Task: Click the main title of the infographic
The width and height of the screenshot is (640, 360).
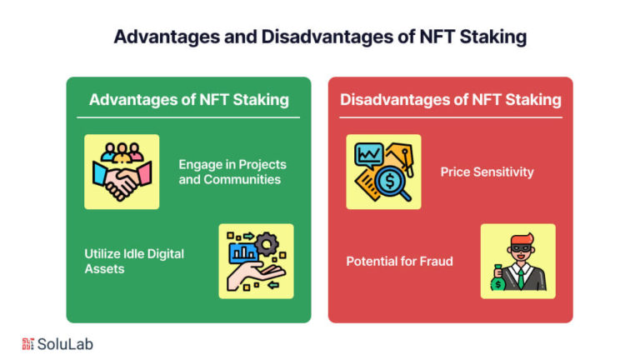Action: click(320, 37)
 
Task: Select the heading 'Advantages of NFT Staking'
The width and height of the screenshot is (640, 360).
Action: click(189, 100)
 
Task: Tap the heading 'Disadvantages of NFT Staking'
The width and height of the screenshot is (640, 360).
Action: click(451, 100)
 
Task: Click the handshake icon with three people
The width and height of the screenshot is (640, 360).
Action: click(122, 172)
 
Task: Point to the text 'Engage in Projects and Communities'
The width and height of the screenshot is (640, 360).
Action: click(232, 172)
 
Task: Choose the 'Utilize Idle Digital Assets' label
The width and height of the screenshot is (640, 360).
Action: click(134, 261)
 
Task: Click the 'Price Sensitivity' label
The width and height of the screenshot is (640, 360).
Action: click(487, 172)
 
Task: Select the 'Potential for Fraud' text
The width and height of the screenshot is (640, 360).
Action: click(400, 261)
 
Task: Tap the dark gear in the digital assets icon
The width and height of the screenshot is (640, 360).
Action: click(267, 244)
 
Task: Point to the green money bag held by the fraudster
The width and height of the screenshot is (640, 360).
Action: click(498, 278)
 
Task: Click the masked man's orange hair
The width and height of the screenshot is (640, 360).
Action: click(521, 239)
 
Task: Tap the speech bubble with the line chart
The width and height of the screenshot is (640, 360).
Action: click(369, 156)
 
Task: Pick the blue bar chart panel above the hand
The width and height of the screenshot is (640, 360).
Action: click(243, 252)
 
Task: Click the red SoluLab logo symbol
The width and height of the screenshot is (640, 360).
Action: click(27, 344)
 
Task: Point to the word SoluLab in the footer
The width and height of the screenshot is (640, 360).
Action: click(65, 344)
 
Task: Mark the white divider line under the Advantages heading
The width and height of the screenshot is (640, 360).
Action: click(188, 117)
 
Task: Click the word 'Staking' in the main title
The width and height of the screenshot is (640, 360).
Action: click(493, 37)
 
